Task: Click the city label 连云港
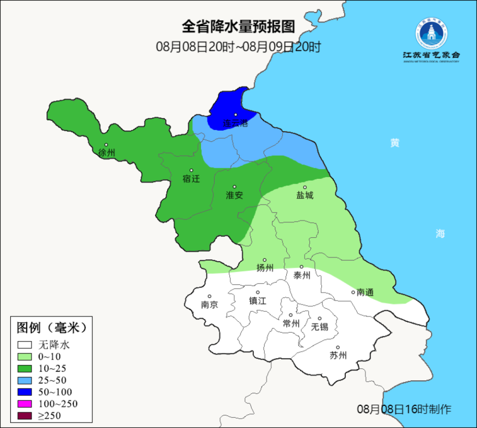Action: (x=235, y=124)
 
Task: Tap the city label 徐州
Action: (x=106, y=153)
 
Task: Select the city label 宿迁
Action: (x=191, y=179)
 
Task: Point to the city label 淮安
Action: (x=235, y=195)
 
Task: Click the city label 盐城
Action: (x=305, y=195)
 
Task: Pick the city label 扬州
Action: (x=265, y=268)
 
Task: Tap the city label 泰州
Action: (x=302, y=275)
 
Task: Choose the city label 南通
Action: (x=365, y=292)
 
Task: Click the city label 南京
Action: (x=209, y=304)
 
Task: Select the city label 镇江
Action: (x=258, y=300)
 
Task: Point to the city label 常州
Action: (x=291, y=323)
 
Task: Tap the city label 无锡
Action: (x=320, y=326)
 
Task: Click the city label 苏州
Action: (x=338, y=355)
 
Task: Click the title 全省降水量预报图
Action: (x=238, y=27)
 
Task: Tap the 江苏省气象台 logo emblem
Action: (x=431, y=33)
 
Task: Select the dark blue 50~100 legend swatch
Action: (x=25, y=392)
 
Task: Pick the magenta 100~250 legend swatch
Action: (x=25, y=404)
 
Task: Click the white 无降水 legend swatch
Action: (x=25, y=345)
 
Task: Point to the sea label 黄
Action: (x=394, y=143)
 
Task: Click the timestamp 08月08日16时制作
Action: (x=404, y=409)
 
